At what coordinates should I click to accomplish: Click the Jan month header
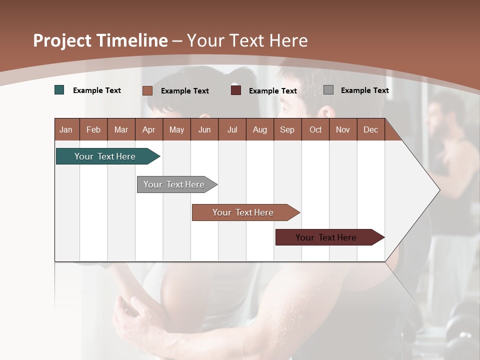(66, 129)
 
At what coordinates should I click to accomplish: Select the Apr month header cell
(149, 129)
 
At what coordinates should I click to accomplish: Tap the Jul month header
(232, 129)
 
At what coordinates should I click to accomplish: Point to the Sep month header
(287, 129)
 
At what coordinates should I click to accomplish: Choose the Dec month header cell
(370, 129)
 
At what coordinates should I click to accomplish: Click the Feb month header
(93, 129)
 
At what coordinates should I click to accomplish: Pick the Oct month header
(315, 129)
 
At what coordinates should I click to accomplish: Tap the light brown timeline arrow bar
(243, 212)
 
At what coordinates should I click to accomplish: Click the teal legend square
(59, 90)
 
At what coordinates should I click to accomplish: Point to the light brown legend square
(147, 90)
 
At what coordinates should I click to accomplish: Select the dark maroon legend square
(236, 90)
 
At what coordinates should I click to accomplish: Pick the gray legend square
(328, 90)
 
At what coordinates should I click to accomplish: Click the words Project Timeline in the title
(100, 40)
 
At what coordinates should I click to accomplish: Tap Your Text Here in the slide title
(247, 40)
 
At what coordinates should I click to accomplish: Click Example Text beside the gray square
(364, 90)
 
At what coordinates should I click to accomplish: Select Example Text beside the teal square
(97, 90)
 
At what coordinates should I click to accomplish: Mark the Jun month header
(204, 129)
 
